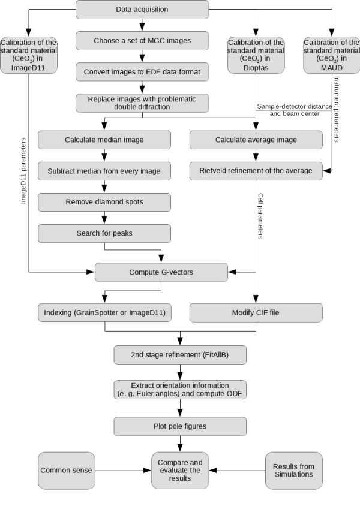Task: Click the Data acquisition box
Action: [x=142, y=10]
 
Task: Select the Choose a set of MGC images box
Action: [x=142, y=41]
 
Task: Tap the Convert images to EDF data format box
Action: [x=142, y=72]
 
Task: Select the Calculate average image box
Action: [x=256, y=140]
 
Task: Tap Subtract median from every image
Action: [x=104, y=171]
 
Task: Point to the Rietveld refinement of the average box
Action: [x=256, y=171]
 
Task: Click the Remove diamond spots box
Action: [x=104, y=202]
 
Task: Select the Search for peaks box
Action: [x=104, y=233]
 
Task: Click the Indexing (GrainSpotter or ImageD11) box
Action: [x=104, y=313]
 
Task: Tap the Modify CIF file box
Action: [x=256, y=313]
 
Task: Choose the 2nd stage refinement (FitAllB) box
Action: [x=180, y=354]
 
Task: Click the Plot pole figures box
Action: [x=180, y=426]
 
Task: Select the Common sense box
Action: [x=66, y=470]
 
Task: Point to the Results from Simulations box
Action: [x=293, y=470]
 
